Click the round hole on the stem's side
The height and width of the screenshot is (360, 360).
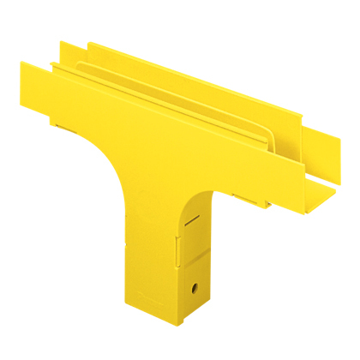[x=196, y=286]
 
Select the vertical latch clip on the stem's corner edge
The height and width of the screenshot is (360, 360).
[x=177, y=248]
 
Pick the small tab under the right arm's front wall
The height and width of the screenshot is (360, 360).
[x=257, y=200]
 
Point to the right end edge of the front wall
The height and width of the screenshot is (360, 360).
[x=273, y=176]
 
